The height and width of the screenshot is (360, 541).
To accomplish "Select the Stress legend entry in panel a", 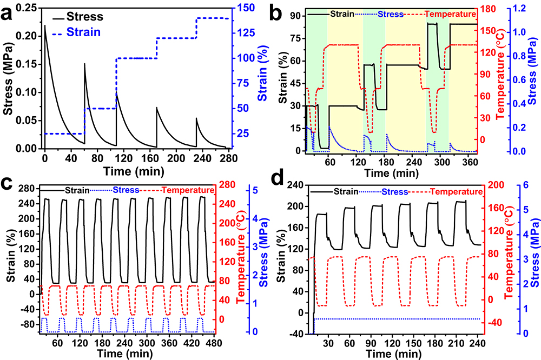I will (x=97, y=17).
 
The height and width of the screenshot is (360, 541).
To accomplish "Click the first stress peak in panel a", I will (x=44, y=25).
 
